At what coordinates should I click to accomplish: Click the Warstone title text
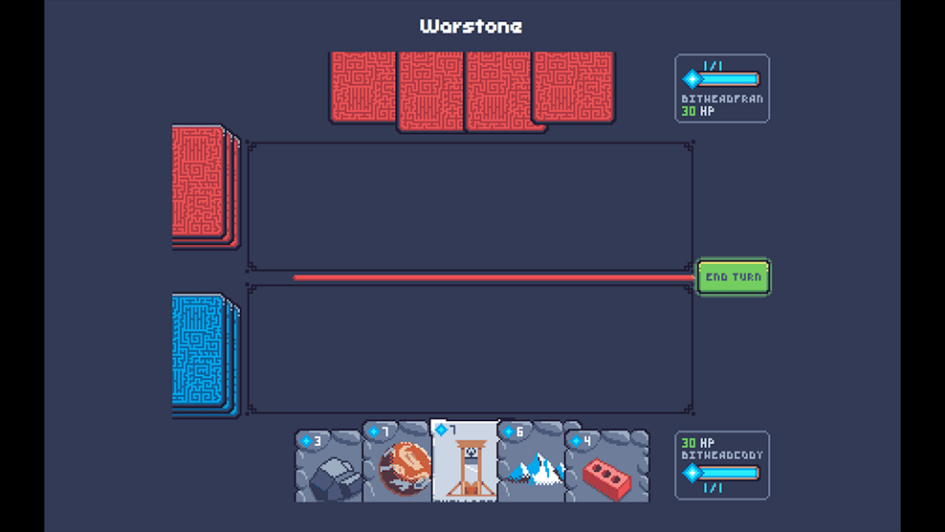coord(471,26)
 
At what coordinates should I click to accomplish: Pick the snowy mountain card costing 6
coord(532,467)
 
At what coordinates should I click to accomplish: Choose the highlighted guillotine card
coord(464,462)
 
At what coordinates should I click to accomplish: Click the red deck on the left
coord(200,185)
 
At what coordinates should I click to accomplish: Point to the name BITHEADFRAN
coord(722,99)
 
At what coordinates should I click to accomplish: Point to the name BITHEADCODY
coord(722,455)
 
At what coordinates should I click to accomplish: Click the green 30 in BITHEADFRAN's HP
coord(688,111)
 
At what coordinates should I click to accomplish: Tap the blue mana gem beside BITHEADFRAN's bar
coord(690,79)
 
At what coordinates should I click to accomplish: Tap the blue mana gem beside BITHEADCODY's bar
coord(690,474)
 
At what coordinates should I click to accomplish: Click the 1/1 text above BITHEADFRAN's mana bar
coord(712,66)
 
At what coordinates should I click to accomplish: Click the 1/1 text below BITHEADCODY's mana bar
coord(712,488)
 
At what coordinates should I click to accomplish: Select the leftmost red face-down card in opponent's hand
coord(364,87)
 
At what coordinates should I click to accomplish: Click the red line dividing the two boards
coord(493,277)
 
